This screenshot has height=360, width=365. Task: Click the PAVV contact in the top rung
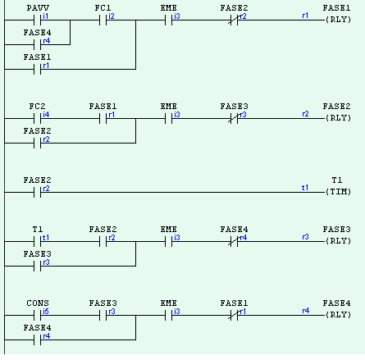38,17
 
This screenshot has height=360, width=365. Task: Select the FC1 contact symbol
103,17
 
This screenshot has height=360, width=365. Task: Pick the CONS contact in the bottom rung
38,313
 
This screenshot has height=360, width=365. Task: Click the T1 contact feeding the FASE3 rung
38,241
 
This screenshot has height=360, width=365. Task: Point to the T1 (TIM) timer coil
338,191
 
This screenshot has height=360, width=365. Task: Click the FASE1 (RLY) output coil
337,17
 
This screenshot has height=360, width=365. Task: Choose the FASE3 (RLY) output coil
337,241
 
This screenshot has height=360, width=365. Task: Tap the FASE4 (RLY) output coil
337,313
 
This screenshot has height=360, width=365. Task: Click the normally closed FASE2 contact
234,17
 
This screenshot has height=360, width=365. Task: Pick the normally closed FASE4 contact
234,241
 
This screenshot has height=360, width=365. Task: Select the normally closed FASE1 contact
234,313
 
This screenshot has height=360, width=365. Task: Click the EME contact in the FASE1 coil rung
169,17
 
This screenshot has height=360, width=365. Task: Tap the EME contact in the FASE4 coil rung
169,313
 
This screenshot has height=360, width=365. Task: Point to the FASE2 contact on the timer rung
38,191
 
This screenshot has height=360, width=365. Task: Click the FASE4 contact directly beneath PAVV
38,42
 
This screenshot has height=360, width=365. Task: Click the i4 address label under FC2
46,115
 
